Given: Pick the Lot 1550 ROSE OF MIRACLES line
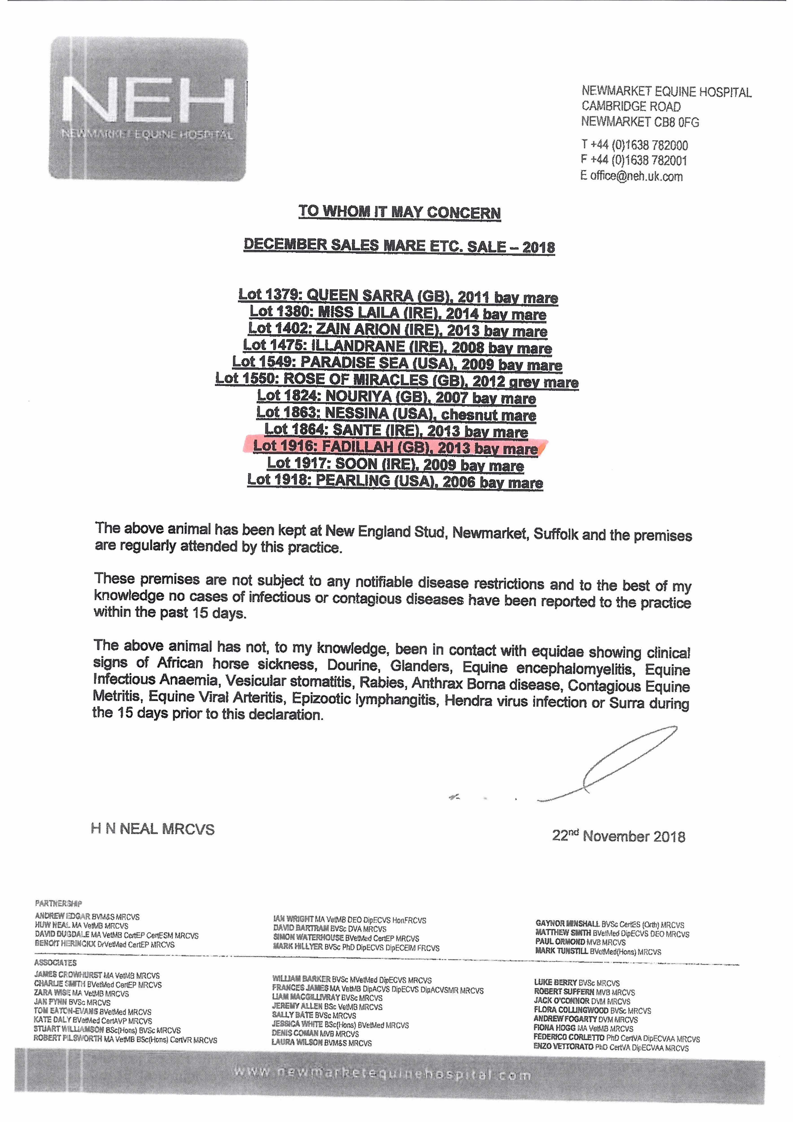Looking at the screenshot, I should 397,380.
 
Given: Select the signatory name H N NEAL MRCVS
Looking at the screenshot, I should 153,829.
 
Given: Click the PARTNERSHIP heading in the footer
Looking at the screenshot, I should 58,904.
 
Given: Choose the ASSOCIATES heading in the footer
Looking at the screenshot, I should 55,963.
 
